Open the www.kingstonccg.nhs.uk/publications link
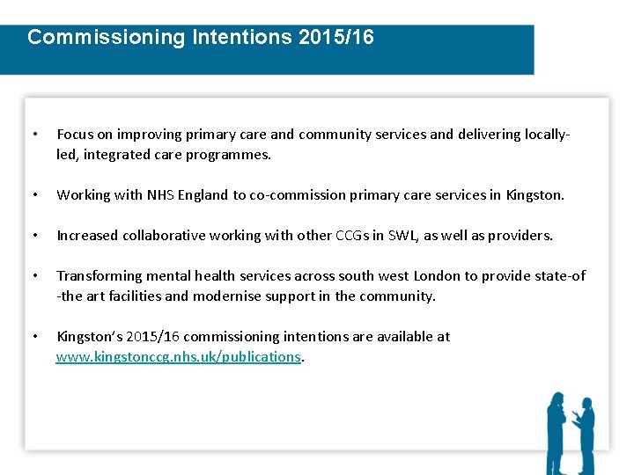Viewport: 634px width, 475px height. pyautogui.click(x=179, y=356)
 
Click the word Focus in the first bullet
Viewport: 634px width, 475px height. pyautogui.click(x=74, y=135)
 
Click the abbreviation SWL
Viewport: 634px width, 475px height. pyautogui.click(x=395, y=236)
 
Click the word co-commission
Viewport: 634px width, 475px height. pyautogui.click(x=293, y=195)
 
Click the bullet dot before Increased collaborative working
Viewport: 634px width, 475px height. pyautogui.click(x=33, y=236)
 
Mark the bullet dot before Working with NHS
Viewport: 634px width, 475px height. pyautogui.click(x=33, y=195)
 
